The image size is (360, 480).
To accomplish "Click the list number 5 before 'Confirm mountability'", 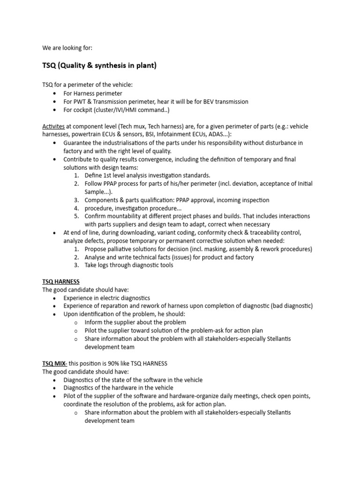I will [x=76, y=216].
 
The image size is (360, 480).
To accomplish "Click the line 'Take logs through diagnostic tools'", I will [x=129, y=265].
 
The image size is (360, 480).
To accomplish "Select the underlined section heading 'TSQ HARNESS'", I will [x=61, y=282].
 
